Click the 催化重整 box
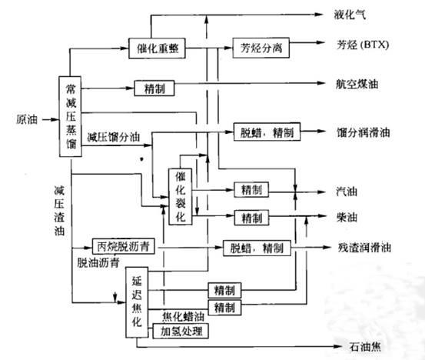[157, 48]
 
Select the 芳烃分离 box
[261, 48]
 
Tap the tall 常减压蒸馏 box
[70, 117]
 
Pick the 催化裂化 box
[181, 197]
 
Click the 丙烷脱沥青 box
[123, 246]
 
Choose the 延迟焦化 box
[137, 302]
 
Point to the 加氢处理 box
[181, 331]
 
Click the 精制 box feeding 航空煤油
[154, 88]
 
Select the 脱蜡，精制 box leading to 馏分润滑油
[267, 132]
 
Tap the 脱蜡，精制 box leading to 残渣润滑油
[257, 248]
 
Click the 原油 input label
[27, 119]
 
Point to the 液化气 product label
[350, 14]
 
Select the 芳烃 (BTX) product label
[363, 44]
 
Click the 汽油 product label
[347, 192]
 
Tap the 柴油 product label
[347, 217]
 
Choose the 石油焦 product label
[365, 346]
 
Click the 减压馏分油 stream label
[114, 137]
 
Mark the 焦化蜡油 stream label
[183, 316]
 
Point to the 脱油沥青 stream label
[98, 262]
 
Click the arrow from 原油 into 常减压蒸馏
[51, 120]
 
